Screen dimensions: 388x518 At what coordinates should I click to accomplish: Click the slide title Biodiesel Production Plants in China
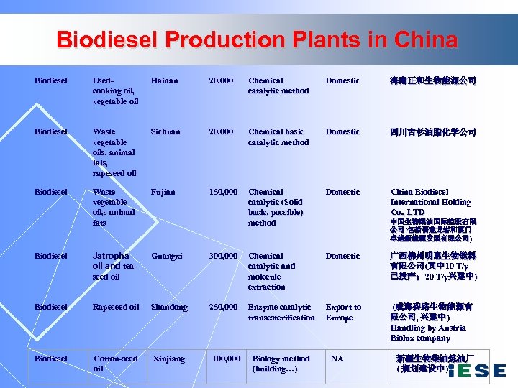click(258, 39)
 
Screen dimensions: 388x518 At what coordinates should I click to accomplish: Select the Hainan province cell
click(164, 80)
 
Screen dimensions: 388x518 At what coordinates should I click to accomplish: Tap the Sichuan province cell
click(165, 131)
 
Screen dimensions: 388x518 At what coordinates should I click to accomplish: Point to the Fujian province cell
click(163, 192)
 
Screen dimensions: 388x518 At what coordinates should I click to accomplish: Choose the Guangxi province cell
click(166, 256)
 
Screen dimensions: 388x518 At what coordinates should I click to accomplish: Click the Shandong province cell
click(168, 307)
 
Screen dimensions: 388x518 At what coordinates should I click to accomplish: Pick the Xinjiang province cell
click(170, 359)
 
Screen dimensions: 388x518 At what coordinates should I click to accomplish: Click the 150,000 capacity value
click(223, 192)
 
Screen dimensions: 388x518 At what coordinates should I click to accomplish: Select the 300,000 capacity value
click(223, 256)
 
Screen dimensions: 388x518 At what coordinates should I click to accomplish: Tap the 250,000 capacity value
click(223, 307)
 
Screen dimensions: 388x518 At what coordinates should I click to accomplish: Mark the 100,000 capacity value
click(226, 359)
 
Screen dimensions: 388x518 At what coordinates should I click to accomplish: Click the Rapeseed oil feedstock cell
click(116, 307)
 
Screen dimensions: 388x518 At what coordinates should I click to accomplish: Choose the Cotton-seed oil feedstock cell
click(115, 364)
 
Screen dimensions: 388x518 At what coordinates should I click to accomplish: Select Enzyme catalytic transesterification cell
click(281, 312)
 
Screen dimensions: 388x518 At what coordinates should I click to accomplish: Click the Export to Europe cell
click(343, 312)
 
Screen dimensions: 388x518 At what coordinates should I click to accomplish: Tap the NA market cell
click(337, 359)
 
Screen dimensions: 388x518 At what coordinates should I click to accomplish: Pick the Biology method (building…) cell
click(281, 364)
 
